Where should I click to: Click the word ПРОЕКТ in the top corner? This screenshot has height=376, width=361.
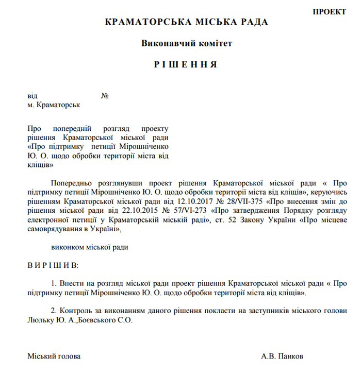[329, 12]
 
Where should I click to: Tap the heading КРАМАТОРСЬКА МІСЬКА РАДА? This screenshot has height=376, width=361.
[186, 22]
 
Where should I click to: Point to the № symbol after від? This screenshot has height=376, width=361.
[105, 96]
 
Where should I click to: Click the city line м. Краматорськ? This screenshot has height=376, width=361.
[54, 105]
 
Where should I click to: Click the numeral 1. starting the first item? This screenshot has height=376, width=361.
[54, 283]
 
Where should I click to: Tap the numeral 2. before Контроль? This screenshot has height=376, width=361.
[54, 311]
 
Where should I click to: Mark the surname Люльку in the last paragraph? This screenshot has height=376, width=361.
[40, 320]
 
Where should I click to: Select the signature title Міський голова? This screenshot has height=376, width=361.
[54, 356]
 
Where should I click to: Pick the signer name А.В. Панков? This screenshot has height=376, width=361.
[282, 356]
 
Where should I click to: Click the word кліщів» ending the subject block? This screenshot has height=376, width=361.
[41, 165]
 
